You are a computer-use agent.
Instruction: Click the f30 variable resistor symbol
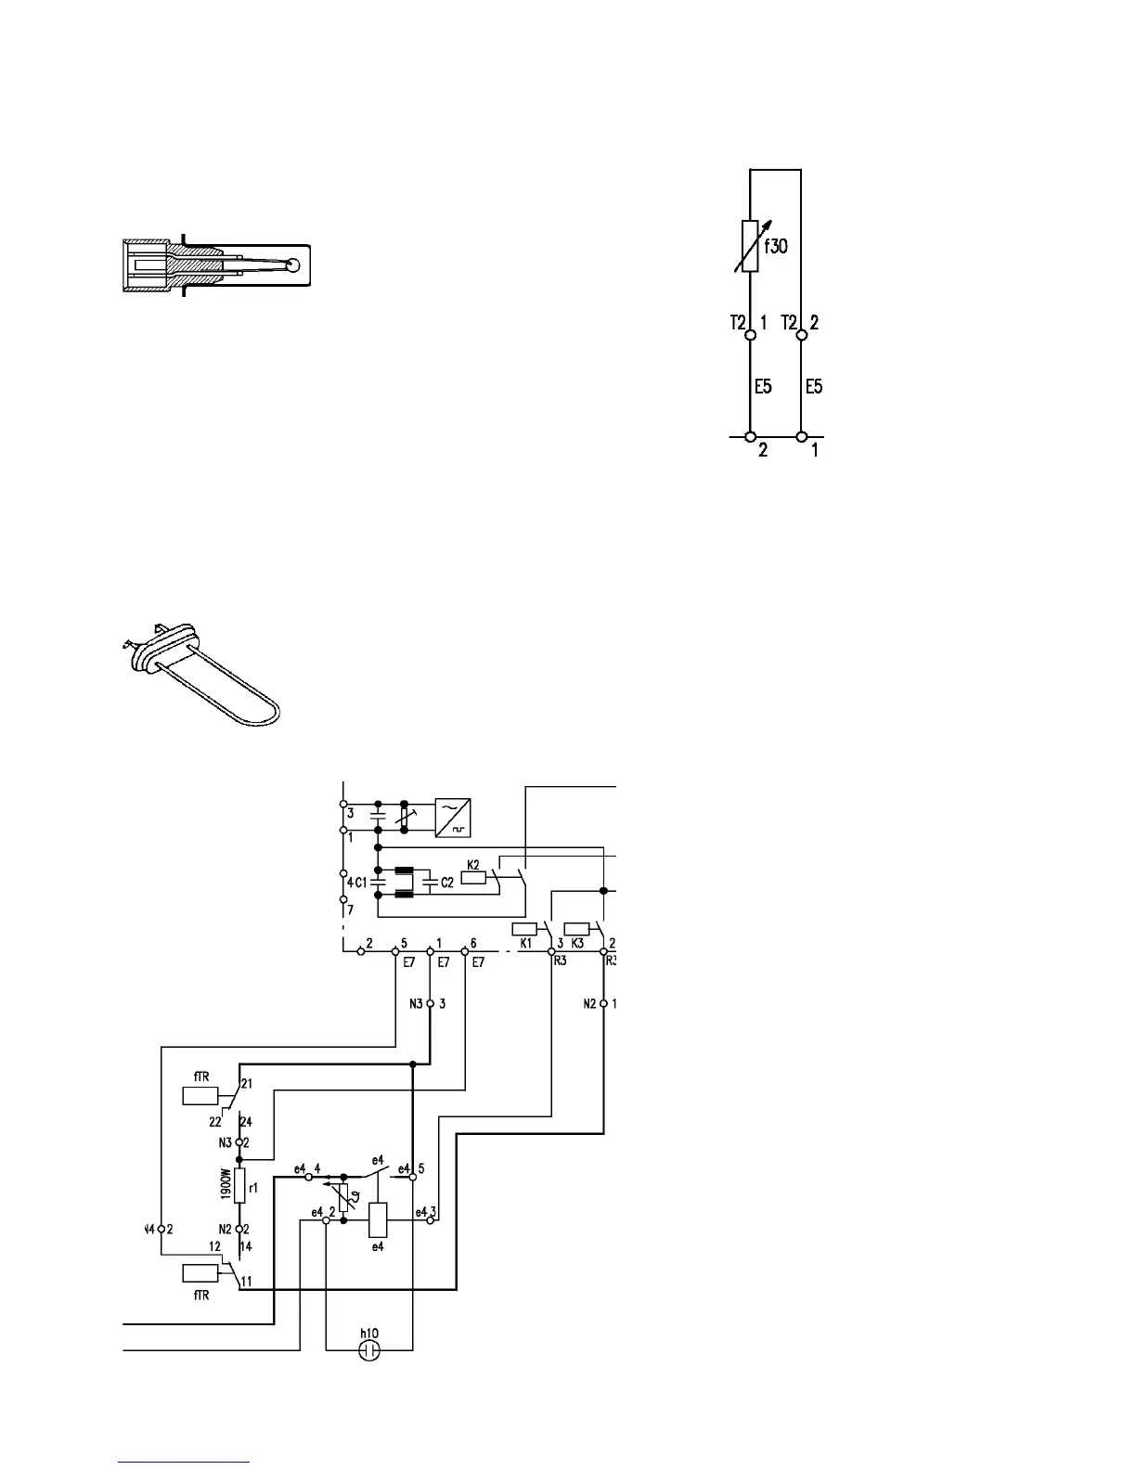pos(750,247)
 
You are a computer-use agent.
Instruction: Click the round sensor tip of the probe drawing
pos(294,264)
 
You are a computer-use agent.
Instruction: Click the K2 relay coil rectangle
pos(472,877)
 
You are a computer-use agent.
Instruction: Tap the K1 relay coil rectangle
pos(525,928)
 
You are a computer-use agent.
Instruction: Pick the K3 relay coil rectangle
pos(577,928)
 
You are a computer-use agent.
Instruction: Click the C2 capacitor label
pos(447,883)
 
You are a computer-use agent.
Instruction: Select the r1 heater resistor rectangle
pos(239,1185)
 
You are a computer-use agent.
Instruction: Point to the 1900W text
pos(226,1185)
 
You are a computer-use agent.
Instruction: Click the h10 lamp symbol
pos(369,1349)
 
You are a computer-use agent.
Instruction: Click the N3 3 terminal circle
pos(430,1004)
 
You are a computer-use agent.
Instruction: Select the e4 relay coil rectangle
pos(378,1219)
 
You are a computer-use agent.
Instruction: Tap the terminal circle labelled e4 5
pos(413,1176)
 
